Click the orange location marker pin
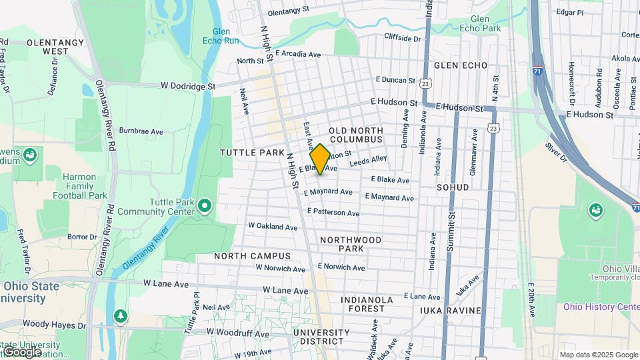point(320,159)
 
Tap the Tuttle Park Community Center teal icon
point(205,207)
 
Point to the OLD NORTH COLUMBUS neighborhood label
point(356,135)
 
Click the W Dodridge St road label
point(188,86)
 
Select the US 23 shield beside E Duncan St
point(425,83)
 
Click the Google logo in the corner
point(21,352)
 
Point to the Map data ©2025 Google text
point(598,355)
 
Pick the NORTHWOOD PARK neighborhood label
point(351,244)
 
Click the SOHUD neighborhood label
point(453,188)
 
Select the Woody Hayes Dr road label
point(54,326)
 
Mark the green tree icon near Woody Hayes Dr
point(120,315)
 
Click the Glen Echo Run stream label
point(225,36)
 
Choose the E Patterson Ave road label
point(333,212)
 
